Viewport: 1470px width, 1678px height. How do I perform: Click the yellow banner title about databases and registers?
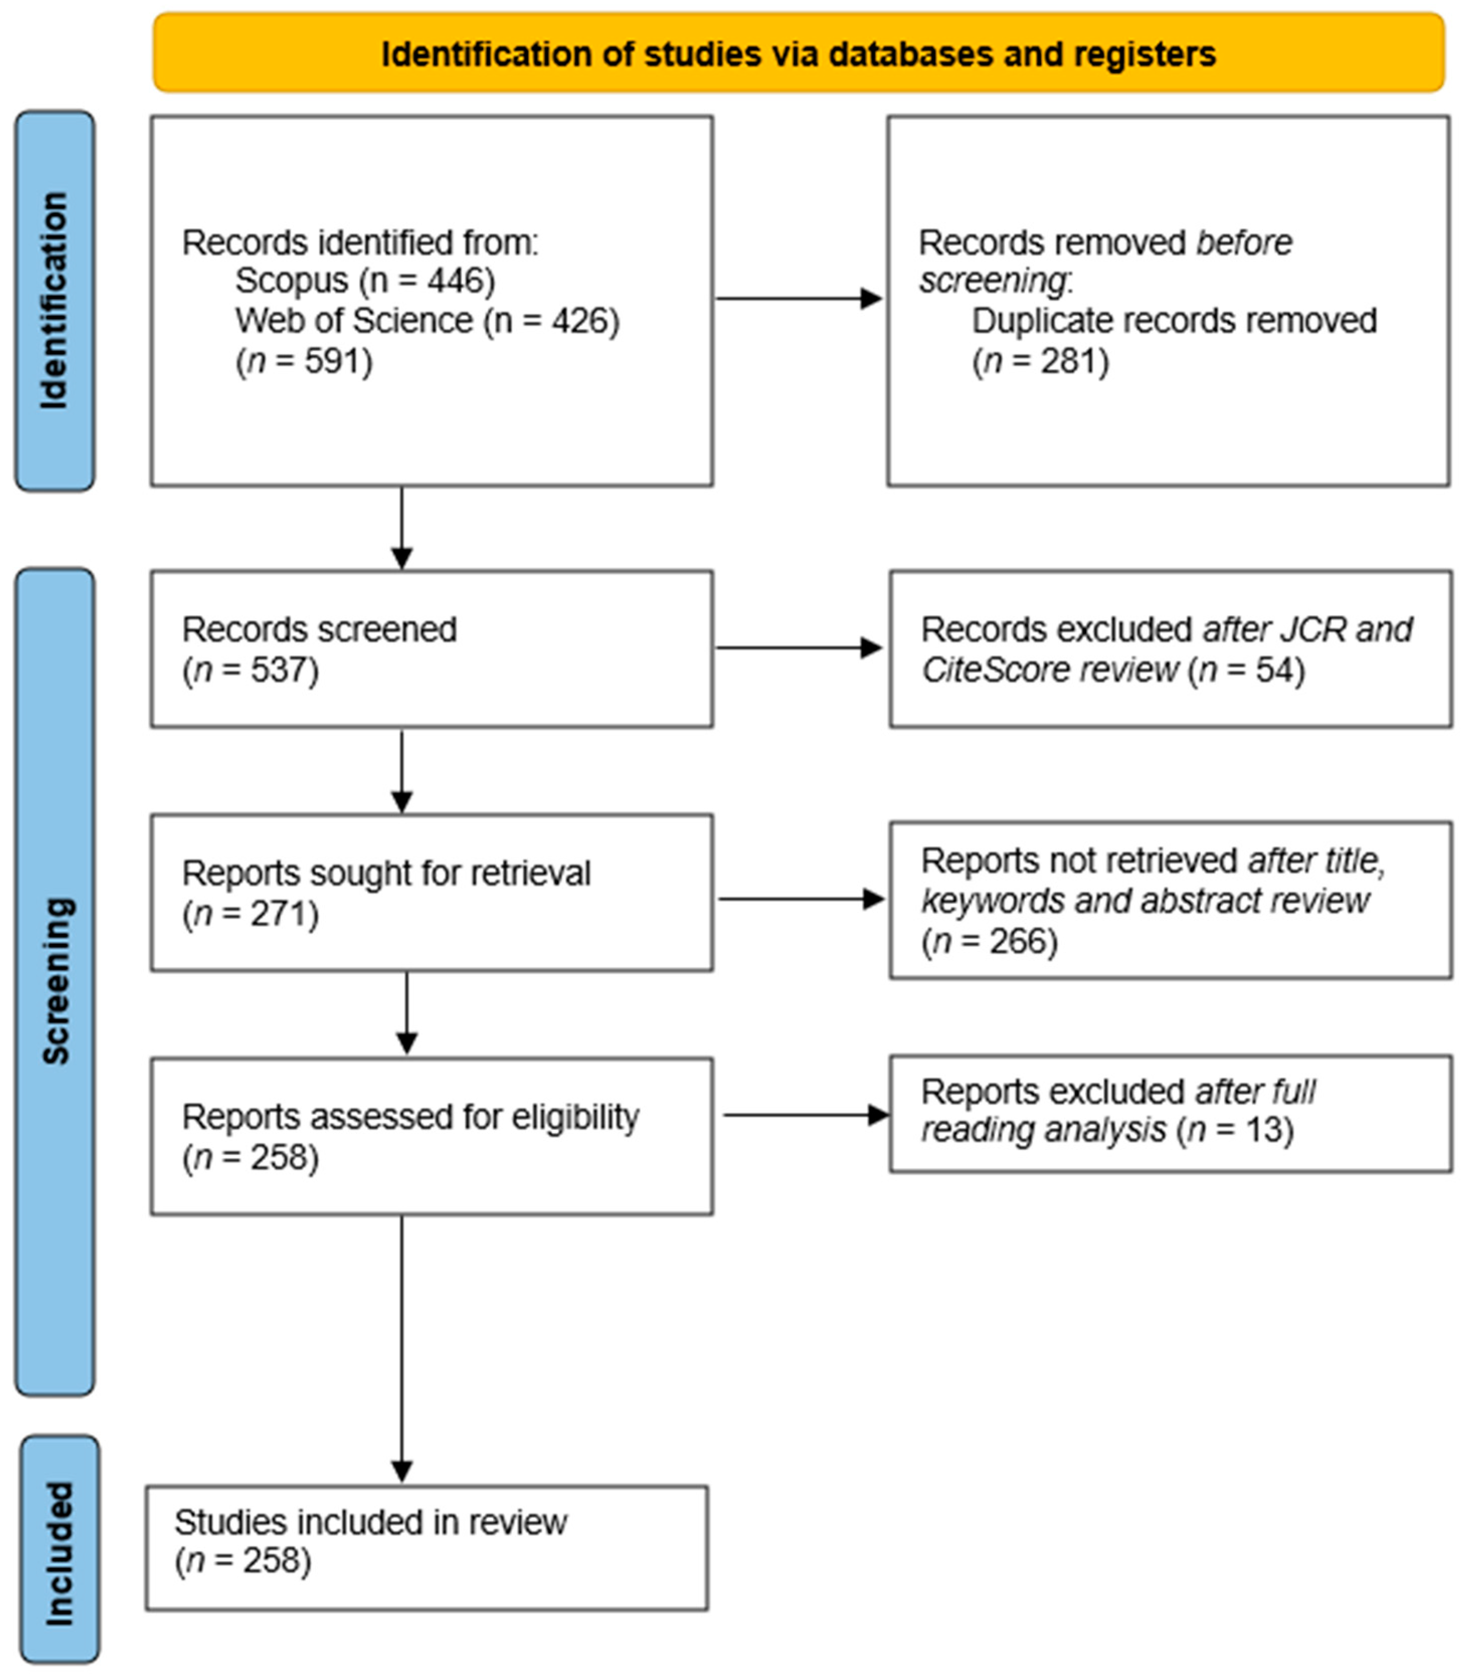coord(798,54)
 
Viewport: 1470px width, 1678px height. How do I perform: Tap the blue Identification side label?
coord(54,301)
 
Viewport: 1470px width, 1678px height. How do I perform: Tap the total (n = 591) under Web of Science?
coord(304,361)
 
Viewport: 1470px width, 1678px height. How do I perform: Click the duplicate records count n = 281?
coord(1040,361)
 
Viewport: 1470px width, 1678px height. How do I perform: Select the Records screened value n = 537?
coord(250,670)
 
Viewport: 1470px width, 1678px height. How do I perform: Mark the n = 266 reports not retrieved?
coord(989,941)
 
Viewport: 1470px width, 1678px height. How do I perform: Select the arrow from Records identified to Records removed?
coord(799,299)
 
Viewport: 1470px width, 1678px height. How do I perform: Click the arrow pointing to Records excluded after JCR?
coord(799,648)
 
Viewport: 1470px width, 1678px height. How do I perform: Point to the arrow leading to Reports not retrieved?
coord(801,899)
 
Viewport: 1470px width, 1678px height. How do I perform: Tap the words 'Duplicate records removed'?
coord(1174,321)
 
